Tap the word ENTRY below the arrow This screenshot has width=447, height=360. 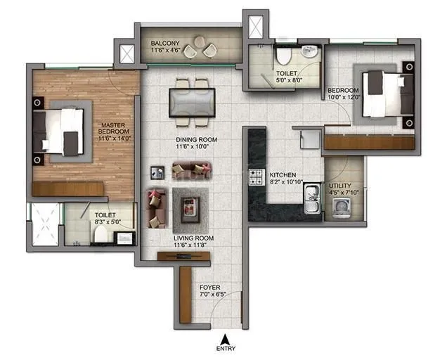pyautogui.click(x=226, y=347)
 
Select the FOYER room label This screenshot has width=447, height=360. pyautogui.click(x=209, y=288)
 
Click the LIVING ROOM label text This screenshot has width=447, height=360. pyautogui.click(x=194, y=238)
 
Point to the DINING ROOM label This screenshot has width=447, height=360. pyautogui.click(x=196, y=140)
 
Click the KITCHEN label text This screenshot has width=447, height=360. pyautogui.click(x=283, y=174)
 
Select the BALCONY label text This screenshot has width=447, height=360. pyautogui.click(x=166, y=44)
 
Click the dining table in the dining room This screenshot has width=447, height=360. pyautogui.click(x=192, y=99)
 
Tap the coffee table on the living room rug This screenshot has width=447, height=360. pyautogui.click(x=189, y=206)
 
